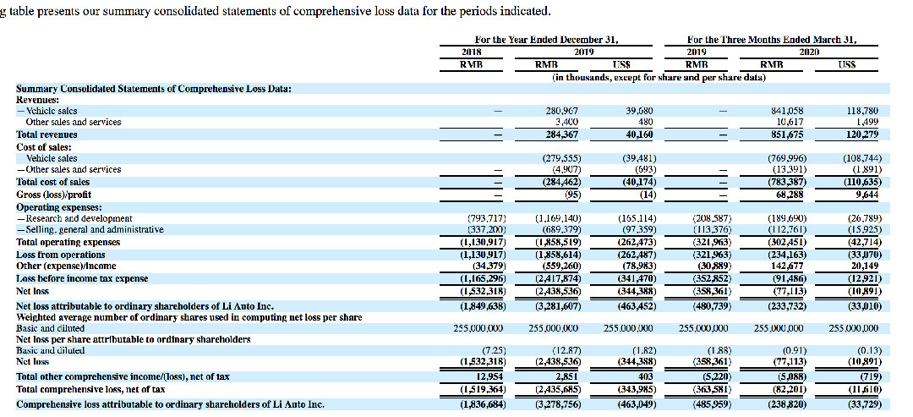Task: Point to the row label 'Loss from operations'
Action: pos(61,254)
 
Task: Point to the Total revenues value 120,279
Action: pos(861,134)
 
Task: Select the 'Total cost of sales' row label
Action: pos(52,182)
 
